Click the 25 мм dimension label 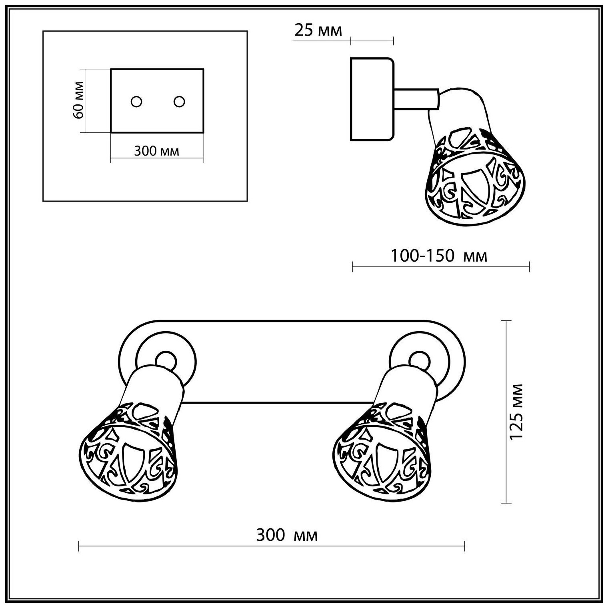318,30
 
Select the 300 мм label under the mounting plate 156,151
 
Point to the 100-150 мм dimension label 439,255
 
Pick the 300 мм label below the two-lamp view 287,535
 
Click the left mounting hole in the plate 136,102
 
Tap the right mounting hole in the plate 180,102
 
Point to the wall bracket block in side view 372,99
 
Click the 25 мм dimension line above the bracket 372,40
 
